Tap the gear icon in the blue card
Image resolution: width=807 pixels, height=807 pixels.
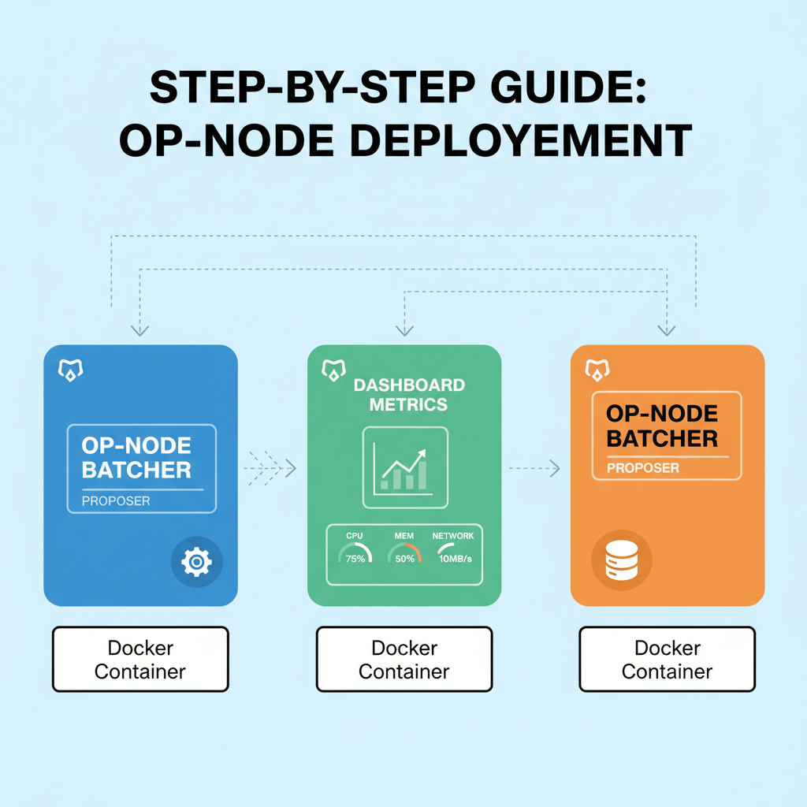(x=196, y=562)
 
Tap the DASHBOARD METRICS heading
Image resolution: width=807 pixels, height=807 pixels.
(x=409, y=395)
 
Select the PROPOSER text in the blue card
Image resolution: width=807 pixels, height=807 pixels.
(x=116, y=500)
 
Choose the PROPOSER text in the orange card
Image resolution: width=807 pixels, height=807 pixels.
(x=643, y=468)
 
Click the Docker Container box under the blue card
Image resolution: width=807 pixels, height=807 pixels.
(x=140, y=660)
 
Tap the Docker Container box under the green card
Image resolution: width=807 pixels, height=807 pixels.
(x=404, y=660)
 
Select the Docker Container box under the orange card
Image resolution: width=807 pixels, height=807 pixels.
(x=667, y=660)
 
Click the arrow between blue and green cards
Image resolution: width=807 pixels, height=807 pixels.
(x=270, y=469)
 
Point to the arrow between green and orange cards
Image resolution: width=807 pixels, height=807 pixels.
(x=534, y=469)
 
